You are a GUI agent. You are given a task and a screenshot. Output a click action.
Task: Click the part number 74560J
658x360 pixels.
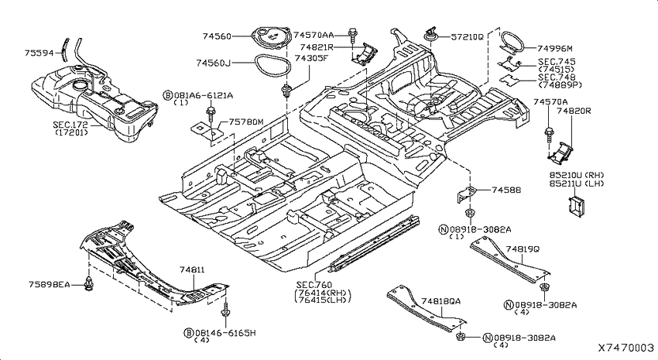click(213, 63)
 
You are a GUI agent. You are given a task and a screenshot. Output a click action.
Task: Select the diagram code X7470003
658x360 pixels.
click(625, 348)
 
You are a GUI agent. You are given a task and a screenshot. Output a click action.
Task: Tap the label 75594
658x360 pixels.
click(39, 53)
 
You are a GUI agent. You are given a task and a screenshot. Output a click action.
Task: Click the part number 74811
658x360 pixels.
click(192, 269)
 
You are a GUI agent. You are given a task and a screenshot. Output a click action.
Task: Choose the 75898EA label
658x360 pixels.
click(50, 284)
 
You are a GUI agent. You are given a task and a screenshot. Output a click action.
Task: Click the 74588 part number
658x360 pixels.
click(506, 190)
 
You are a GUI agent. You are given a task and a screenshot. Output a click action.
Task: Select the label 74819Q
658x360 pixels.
click(523, 249)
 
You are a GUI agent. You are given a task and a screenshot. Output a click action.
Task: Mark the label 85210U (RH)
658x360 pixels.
click(577, 175)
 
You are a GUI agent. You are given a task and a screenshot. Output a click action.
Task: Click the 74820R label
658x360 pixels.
click(574, 111)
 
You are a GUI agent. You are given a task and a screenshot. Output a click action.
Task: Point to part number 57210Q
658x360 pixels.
click(467, 37)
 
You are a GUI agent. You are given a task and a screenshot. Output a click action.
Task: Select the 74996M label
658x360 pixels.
click(555, 49)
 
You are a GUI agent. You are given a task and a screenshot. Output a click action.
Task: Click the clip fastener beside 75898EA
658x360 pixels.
click(88, 283)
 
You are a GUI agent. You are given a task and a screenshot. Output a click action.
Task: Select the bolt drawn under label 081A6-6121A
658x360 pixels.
click(211, 114)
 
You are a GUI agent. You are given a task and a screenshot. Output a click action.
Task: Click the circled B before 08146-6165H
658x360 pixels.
click(189, 333)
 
